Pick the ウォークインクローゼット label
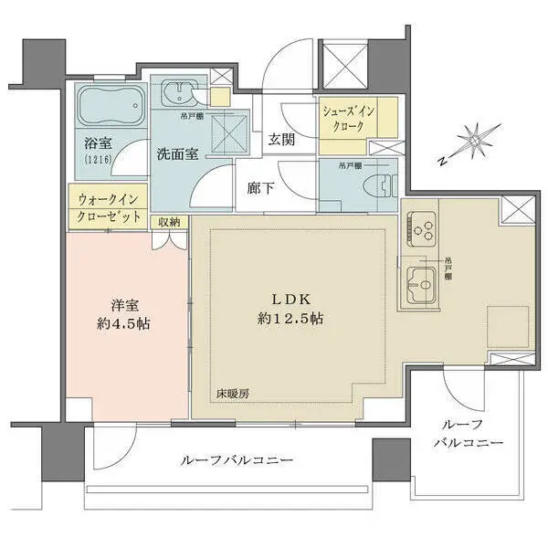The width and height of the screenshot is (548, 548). pos(107,207)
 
